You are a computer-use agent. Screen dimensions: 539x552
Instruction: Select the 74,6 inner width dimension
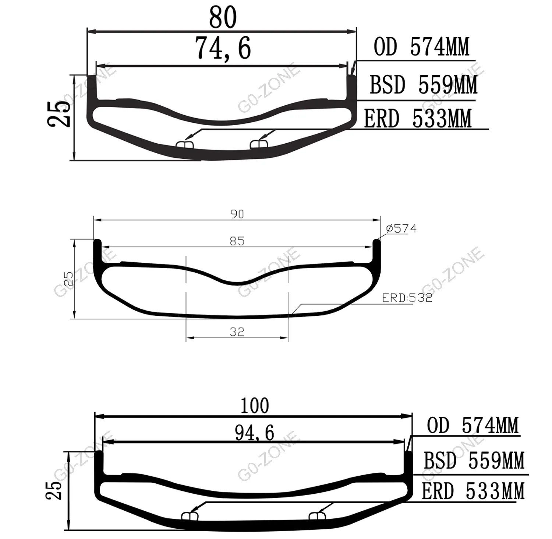223,48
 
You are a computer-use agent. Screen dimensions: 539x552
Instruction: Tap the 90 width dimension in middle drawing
237,214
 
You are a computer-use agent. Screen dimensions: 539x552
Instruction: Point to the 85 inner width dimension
237,241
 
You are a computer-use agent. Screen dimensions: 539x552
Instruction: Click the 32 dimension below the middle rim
237,332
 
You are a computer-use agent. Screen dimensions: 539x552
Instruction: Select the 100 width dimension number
255,405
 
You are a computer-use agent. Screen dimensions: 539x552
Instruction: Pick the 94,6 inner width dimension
255,433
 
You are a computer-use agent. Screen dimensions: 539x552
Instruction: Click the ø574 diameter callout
401,229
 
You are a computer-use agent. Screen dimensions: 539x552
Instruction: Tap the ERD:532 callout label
407,298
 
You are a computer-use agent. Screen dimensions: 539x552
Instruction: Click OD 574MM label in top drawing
421,47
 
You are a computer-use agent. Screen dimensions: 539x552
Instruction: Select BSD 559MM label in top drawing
423,85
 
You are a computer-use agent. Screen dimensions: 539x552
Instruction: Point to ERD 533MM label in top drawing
418,119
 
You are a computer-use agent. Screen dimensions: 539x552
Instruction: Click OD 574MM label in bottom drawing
473,426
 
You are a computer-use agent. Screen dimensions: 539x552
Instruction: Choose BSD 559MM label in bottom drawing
474,460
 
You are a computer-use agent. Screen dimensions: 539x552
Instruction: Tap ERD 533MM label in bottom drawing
473,491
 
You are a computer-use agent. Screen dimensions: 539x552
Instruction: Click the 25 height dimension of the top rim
59,114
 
